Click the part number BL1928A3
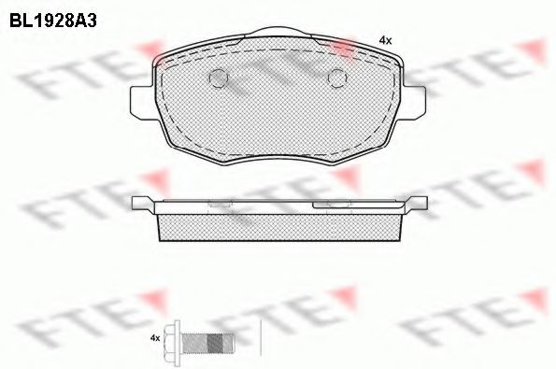[x=53, y=21]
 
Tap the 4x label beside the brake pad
[x=385, y=41]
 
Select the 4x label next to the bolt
[x=155, y=338]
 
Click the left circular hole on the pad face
[x=218, y=78]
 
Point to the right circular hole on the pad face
[x=337, y=78]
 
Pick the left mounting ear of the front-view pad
[x=143, y=102]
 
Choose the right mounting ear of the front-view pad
[x=414, y=102]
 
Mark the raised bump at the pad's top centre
[x=280, y=32]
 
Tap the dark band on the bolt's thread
[x=215, y=343]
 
